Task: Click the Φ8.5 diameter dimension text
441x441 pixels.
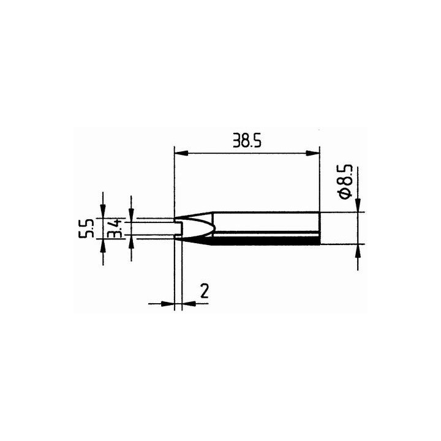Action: tap(345, 182)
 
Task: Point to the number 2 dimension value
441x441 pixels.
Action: tap(205, 291)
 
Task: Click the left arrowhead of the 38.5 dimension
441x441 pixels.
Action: tap(181, 153)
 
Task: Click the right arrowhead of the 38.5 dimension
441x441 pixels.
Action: tap(313, 153)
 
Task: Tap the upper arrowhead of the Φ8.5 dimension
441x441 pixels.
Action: tap(358, 205)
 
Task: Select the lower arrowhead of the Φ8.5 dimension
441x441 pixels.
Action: tap(358, 251)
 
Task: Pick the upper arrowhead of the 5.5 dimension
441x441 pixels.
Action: tap(104, 211)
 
